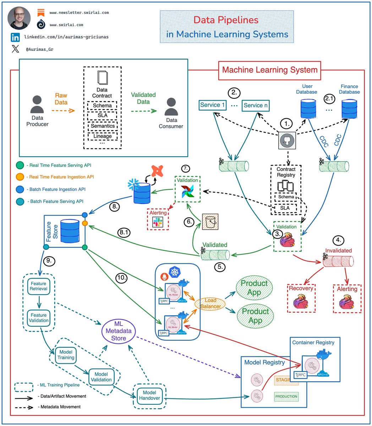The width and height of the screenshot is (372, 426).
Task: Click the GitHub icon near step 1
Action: [x=286, y=141]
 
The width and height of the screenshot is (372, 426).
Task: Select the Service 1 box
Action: [x=213, y=105]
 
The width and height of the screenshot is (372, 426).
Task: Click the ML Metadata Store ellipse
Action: [x=119, y=331]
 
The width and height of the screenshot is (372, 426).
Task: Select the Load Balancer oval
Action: [x=210, y=304]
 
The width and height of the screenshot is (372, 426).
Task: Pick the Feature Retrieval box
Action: [x=38, y=286]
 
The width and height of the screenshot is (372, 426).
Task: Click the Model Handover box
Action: [x=150, y=395]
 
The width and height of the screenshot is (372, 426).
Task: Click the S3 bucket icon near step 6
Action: [x=210, y=222]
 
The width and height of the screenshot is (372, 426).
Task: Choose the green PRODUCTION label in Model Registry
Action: [x=286, y=397]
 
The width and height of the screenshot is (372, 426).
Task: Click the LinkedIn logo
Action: [x=15, y=37]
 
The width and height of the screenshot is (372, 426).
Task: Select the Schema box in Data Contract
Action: [x=102, y=106]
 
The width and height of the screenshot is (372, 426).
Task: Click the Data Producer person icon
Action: [x=37, y=104]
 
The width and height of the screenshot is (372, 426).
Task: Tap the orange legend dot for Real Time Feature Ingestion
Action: [x=21, y=177]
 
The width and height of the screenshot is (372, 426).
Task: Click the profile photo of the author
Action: [x=19, y=17]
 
